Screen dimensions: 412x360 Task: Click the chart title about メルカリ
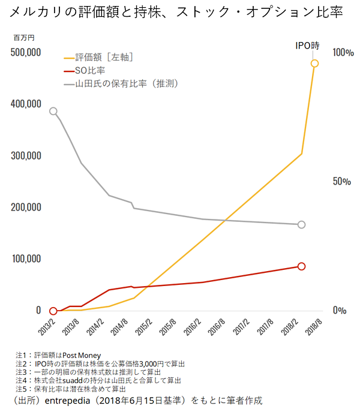177,12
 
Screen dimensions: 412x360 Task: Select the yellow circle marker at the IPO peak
314,63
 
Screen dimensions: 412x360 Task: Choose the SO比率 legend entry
90,70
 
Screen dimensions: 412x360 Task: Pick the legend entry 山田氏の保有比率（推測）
127,83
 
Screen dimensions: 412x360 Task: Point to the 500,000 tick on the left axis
26,52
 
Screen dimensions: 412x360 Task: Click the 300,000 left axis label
26,156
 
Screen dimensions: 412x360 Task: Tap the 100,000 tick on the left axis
26,259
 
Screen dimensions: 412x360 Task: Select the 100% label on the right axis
343,53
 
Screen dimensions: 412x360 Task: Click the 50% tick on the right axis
342,182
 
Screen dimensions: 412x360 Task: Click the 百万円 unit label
24,37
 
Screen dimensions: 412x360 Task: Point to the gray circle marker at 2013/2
53,111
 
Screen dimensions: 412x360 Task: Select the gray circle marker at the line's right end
302,224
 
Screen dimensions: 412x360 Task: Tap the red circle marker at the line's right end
302,266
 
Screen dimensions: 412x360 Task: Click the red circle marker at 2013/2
53,311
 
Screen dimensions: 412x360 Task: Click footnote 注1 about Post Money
58,355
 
